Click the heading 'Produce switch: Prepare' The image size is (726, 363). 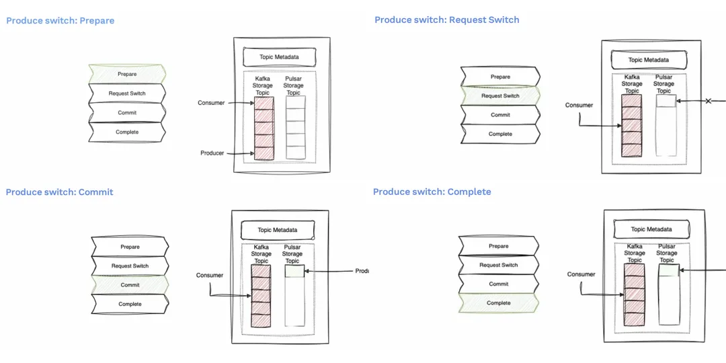pos(61,21)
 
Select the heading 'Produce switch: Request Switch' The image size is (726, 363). pos(446,20)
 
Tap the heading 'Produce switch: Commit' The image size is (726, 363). pos(59,192)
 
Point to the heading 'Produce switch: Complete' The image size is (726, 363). pos(432,192)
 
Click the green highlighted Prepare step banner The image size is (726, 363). pos(127,74)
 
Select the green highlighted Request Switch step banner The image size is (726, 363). pos(500,96)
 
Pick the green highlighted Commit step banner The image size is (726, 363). pos(130,285)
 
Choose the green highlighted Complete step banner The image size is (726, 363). pos(498,303)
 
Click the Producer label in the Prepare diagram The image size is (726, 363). pos(212,153)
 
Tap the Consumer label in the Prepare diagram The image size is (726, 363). pos(211,103)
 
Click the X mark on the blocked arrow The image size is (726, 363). pos(707,102)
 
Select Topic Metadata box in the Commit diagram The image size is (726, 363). pos(277,230)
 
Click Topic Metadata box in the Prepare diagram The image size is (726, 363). pos(279,57)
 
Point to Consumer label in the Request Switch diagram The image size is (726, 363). pos(579,105)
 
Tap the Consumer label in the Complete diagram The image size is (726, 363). pos(581,274)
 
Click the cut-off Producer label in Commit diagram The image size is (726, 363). pos(362,272)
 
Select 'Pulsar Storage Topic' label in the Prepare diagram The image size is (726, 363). pos(293,85)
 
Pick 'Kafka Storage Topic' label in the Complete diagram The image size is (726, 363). pos(635,253)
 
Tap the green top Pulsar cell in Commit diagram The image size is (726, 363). pos(294,272)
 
